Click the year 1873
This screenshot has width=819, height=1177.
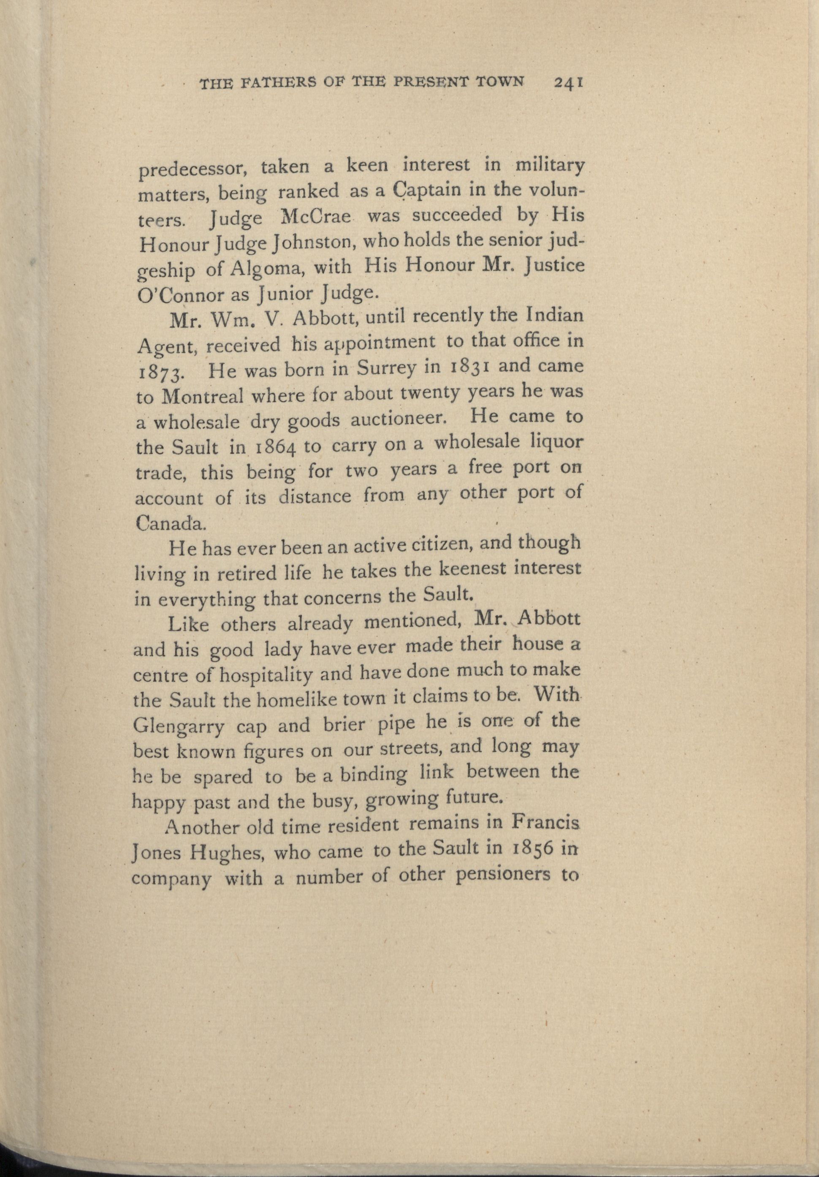158,372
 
